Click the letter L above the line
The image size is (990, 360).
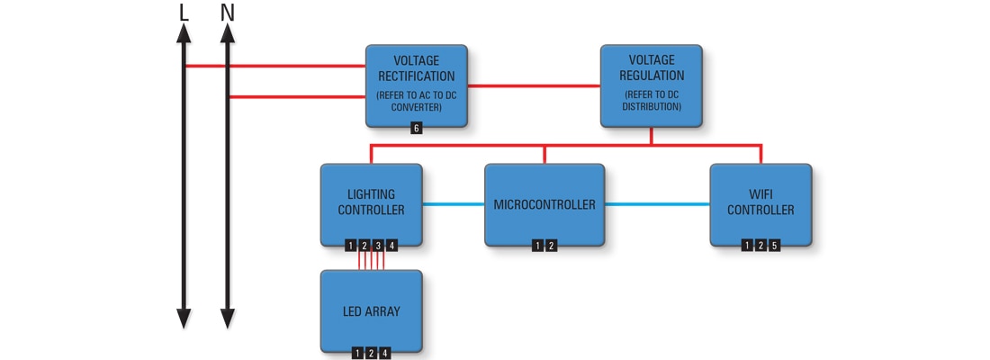point(184,13)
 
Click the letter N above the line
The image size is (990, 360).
point(227,13)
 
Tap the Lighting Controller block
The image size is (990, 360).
point(371,202)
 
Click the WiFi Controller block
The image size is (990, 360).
point(760,202)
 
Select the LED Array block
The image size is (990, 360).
point(371,311)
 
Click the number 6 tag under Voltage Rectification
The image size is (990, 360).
point(416,129)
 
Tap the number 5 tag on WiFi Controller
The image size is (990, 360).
point(774,246)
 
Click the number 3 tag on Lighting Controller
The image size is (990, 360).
point(378,246)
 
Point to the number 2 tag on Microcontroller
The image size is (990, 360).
point(551,246)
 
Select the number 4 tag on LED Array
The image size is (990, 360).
point(385,354)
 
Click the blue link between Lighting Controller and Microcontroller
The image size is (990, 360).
point(453,204)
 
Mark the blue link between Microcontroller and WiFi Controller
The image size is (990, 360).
point(656,204)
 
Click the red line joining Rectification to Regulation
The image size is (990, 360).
point(534,85)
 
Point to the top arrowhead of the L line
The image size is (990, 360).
point(184,33)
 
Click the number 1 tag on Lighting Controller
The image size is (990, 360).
point(351,246)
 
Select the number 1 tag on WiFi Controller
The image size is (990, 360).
point(747,246)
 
